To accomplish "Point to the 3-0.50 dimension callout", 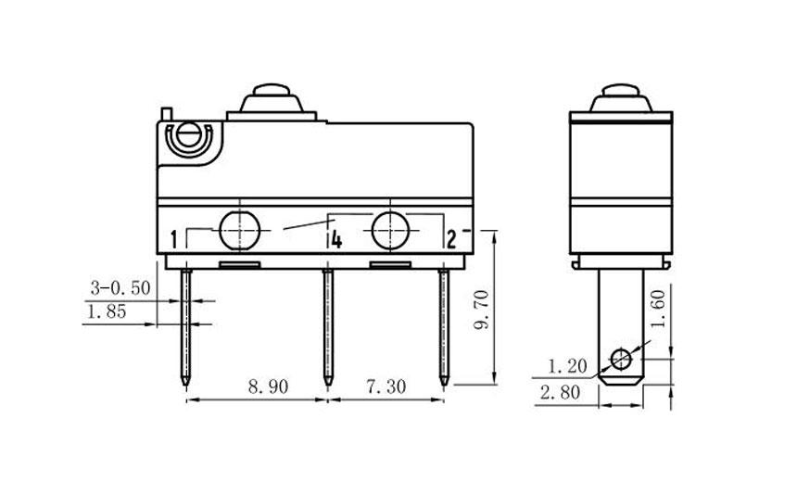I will pos(120,287).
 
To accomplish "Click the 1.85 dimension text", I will pos(106,313).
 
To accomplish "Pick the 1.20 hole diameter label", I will pos(567,363).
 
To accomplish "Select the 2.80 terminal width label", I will pos(562,392).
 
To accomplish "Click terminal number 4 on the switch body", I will pos(336,242).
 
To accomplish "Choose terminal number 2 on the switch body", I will pos(451,242).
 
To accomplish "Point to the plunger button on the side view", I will pos(620,97).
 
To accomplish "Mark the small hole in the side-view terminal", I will pos(619,358).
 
